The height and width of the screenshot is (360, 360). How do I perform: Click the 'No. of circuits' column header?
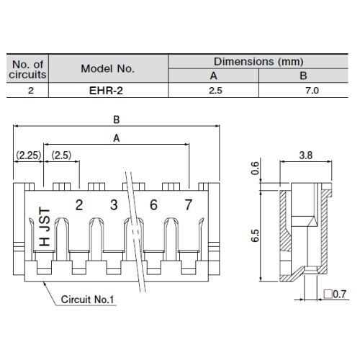pyautogui.click(x=27, y=69)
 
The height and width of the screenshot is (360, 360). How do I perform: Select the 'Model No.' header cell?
pyautogui.click(x=107, y=68)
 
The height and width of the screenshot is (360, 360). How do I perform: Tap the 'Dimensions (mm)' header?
pyautogui.click(x=258, y=62)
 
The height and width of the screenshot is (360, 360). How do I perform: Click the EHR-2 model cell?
pyautogui.click(x=106, y=91)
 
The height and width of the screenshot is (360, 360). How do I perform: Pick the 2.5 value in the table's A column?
pyautogui.click(x=215, y=91)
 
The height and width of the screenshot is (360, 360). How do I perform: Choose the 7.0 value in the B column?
pyautogui.click(x=312, y=91)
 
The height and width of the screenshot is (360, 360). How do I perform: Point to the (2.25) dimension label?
pyautogui.click(x=29, y=156)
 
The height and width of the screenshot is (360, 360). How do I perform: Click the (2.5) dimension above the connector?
pyautogui.click(x=61, y=156)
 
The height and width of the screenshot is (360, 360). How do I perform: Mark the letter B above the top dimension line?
pyautogui.click(x=117, y=120)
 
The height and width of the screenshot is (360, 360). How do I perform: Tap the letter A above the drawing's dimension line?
pyautogui.click(x=117, y=138)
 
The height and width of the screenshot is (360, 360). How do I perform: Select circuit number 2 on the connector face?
pyautogui.click(x=79, y=205)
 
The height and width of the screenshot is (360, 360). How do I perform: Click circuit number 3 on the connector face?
pyautogui.click(x=114, y=205)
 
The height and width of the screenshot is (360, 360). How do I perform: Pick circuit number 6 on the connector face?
pyautogui.click(x=153, y=205)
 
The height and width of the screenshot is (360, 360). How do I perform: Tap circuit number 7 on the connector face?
pyautogui.click(x=188, y=205)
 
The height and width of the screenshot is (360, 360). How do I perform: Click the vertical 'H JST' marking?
pyautogui.click(x=45, y=227)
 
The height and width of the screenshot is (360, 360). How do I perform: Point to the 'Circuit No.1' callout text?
pyautogui.click(x=87, y=300)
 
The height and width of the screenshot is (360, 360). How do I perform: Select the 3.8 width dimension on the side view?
pyautogui.click(x=306, y=156)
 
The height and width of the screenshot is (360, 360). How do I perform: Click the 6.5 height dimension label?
pyautogui.click(x=256, y=235)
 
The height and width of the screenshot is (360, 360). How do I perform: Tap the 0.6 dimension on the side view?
pyautogui.click(x=256, y=168)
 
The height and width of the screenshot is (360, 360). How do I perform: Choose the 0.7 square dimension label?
pyautogui.click(x=335, y=294)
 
